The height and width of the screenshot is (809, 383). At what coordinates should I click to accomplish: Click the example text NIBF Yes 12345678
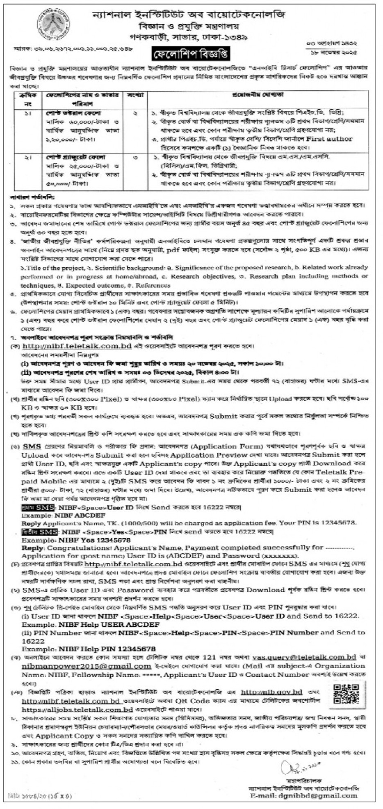[94, 540]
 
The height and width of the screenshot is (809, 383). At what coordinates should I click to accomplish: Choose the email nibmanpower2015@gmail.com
[86, 666]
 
